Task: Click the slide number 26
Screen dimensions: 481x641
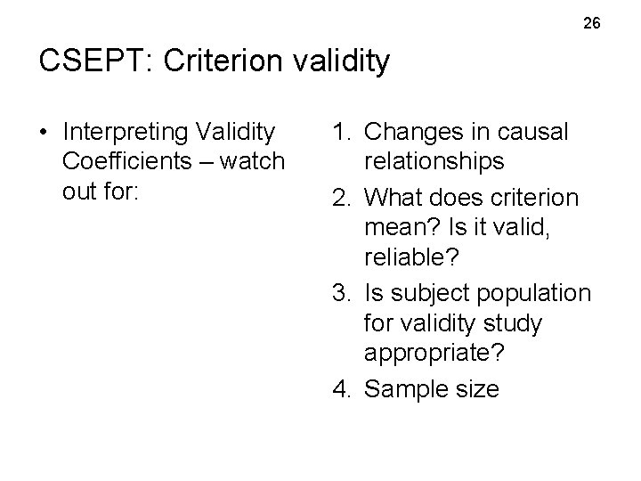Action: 592,23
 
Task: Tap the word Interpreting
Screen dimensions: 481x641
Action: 124,133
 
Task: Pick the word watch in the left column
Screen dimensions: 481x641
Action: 255,162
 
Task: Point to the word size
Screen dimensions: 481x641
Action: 476,389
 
